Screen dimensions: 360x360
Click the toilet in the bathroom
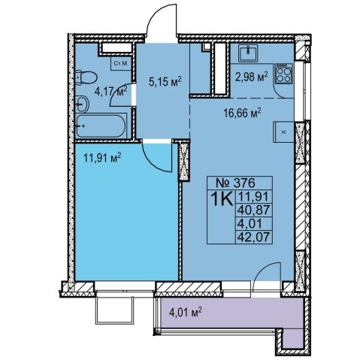(86, 77)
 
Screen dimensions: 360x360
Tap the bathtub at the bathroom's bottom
(101, 126)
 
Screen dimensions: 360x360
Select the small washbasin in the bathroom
(82, 104)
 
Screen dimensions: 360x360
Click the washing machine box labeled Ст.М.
(121, 63)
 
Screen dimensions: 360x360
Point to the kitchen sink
(248, 53)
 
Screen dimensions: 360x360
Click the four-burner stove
(283, 74)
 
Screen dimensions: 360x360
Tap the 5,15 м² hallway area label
(165, 82)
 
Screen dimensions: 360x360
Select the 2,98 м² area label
(251, 77)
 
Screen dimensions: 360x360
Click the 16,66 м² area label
(242, 113)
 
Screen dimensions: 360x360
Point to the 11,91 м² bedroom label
(102, 158)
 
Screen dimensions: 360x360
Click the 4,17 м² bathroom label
(110, 91)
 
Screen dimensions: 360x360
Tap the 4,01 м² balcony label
(186, 313)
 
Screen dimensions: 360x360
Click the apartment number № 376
(235, 183)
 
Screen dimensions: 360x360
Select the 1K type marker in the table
(222, 199)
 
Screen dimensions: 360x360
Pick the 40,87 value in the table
(254, 210)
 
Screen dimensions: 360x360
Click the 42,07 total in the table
(254, 237)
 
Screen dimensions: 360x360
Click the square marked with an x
(283, 132)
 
